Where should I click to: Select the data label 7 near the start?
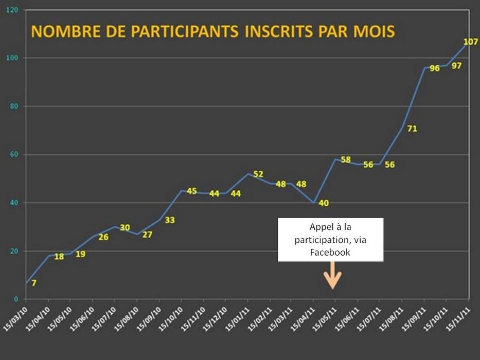coord(34,282)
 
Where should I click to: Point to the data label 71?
coord(412,129)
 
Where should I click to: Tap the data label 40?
coord(324,203)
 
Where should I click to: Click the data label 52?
coord(258,174)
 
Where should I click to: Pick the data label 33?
coord(170,220)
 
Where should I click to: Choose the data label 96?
coord(435,68)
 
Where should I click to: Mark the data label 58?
coord(346,160)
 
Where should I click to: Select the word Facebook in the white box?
coord(330,252)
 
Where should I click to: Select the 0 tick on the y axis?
coord(16,299)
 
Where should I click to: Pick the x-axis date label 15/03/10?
coord(16,319)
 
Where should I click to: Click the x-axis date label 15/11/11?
coord(458,319)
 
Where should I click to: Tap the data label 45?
coord(191,191)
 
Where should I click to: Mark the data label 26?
coord(103,237)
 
